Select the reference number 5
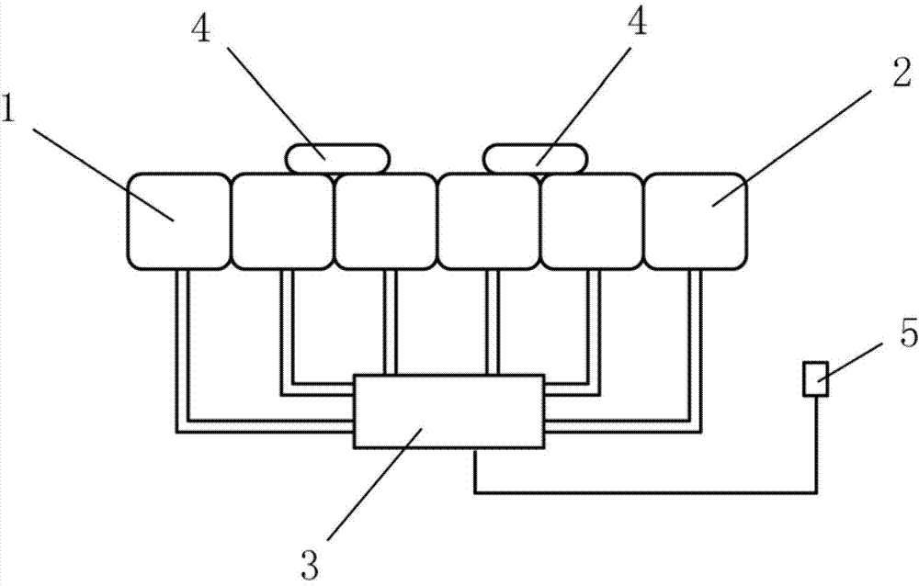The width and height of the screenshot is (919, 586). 881,336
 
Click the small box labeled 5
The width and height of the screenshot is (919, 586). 815,379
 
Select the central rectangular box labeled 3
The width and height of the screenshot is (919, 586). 448,411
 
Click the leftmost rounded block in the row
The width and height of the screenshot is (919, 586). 177,220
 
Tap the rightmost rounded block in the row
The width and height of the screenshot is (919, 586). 696,220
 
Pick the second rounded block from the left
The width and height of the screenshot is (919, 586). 281,220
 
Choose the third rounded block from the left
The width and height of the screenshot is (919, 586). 385,220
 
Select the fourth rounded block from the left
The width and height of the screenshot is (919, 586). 489,220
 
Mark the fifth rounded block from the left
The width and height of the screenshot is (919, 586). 592,220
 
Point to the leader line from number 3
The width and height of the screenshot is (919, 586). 368,487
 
